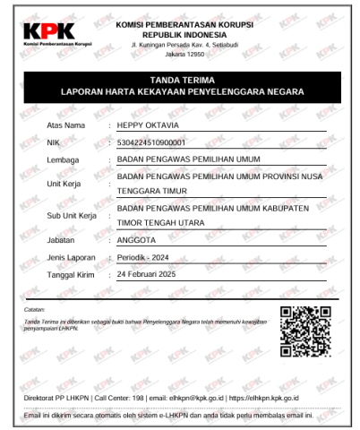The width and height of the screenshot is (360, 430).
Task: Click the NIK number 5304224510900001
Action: coord(156,142)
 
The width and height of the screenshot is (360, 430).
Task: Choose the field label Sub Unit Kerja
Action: coord(71,218)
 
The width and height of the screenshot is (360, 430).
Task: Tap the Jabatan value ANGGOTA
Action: coord(138,240)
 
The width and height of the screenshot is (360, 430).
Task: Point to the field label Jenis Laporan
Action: coord(70,257)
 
